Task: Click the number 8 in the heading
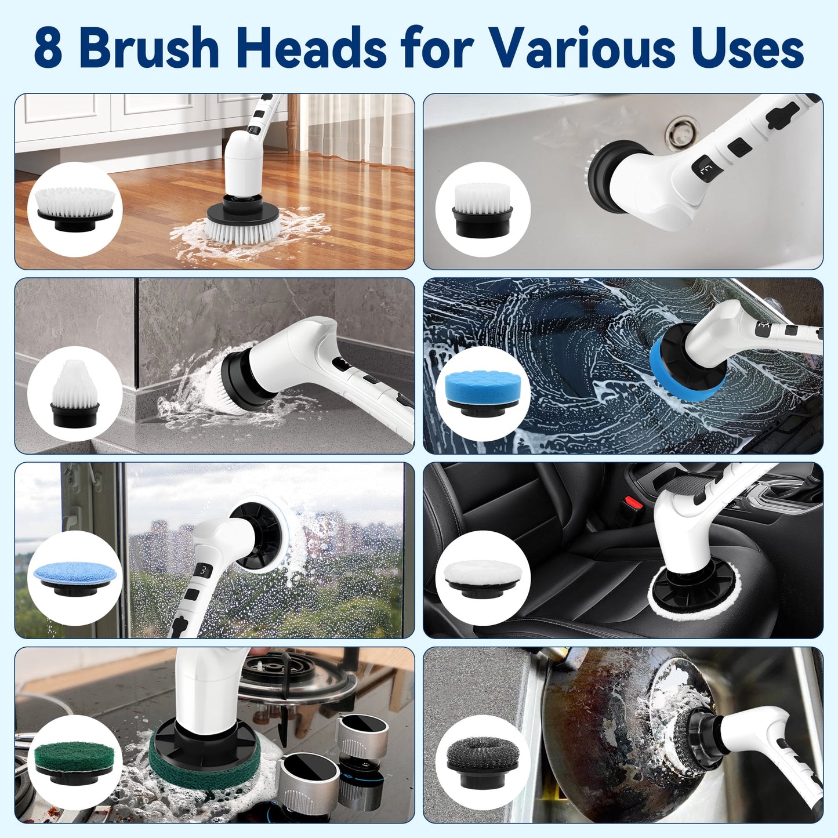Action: [x=48, y=49]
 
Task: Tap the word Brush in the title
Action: [x=149, y=48]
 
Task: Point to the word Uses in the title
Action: [x=748, y=48]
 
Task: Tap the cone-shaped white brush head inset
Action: [x=74, y=393]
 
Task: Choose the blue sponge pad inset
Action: [x=483, y=393]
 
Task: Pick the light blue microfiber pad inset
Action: [x=74, y=576]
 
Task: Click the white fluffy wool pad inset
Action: [x=483, y=576]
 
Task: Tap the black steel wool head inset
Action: [x=483, y=761]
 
